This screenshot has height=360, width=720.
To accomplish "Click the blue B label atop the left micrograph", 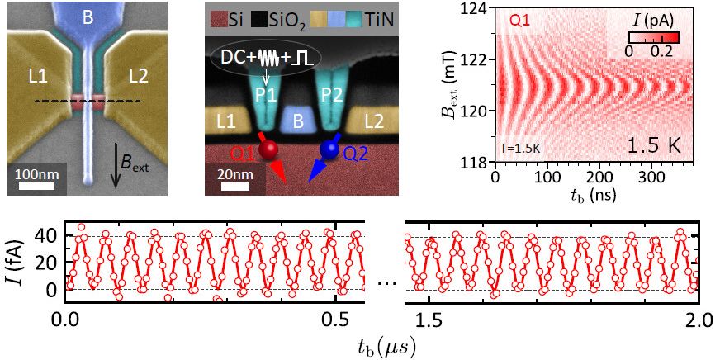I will pyautogui.click(x=87, y=15).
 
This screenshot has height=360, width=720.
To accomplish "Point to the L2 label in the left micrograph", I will pyautogui.click(x=141, y=77).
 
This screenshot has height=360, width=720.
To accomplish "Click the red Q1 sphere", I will pyautogui.click(x=268, y=149).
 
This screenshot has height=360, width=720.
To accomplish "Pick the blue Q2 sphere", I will pyautogui.click(x=330, y=149).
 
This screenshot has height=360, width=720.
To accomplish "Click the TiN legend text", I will pyautogui.click(x=379, y=16).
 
